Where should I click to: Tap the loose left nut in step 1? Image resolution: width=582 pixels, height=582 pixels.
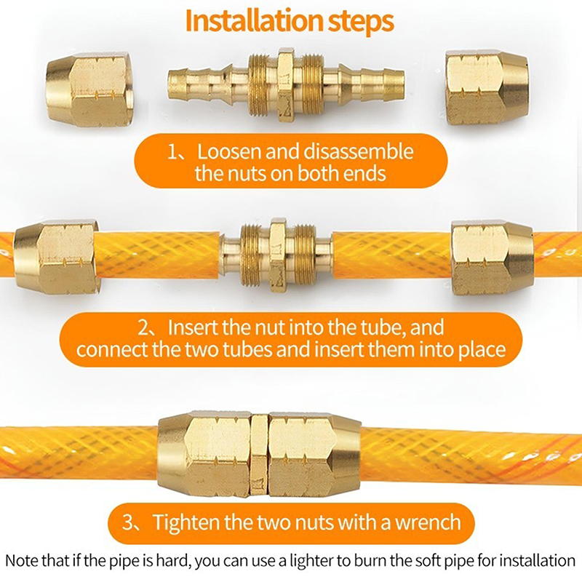click(x=89, y=89)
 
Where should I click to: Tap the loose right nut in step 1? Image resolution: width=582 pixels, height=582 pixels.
click(x=486, y=88)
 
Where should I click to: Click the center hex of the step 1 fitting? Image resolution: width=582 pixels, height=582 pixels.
click(x=286, y=86)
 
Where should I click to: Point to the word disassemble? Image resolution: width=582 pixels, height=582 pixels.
click(x=359, y=152)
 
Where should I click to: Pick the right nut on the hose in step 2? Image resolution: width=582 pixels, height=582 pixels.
click(x=493, y=257)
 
